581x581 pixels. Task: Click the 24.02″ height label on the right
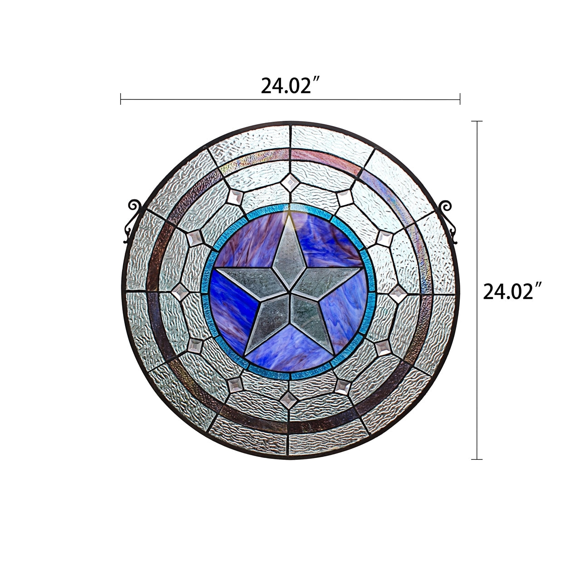click(513, 291)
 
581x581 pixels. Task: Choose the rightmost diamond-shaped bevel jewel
click(399, 293)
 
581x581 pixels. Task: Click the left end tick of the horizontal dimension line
click(121, 99)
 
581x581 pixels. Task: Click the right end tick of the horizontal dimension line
click(460, 99)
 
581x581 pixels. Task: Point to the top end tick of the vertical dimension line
click(477, 122)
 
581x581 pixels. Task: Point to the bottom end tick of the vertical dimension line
click(477, 459)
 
